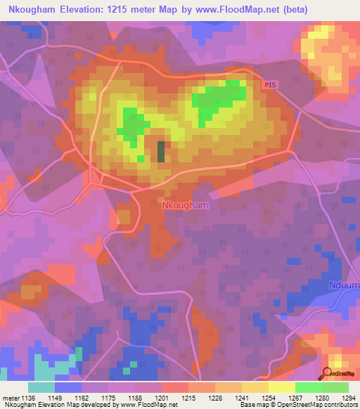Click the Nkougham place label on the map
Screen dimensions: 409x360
pyautogui.click(x=186, y=206)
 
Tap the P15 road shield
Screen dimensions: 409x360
pyautogui.click(x=271, y=85)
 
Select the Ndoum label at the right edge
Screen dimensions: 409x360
pyautogui.click(x=345, y=286)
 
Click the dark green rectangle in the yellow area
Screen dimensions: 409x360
pyautogui.click(x=161, y=152)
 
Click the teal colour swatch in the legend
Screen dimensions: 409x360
pyautogui.click(x=41, y=387)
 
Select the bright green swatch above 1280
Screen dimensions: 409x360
pyautogui.click(x=308, y=387)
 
